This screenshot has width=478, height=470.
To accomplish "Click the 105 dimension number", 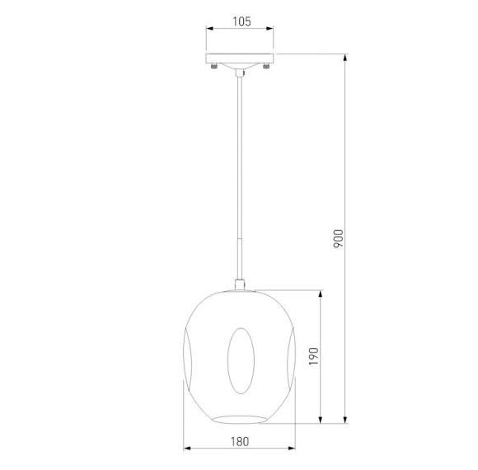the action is tap(241, 21).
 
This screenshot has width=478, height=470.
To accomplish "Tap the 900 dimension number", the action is tap(338, 238).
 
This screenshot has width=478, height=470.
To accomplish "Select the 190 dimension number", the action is tap(313, 356).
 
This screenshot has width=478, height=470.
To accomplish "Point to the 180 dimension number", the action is tap(240, 442).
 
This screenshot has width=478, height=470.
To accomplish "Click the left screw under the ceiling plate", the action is tap(214, 66).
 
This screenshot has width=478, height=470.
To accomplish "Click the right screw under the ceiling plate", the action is tap(266, 66).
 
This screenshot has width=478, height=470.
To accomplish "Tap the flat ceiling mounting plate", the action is tap(240, 59).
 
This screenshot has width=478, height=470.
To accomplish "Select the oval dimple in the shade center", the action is tap(241, 361).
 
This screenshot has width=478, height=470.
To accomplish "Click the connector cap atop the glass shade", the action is tap(240, 284).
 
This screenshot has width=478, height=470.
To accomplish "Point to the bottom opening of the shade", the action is tap(240, 420).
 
